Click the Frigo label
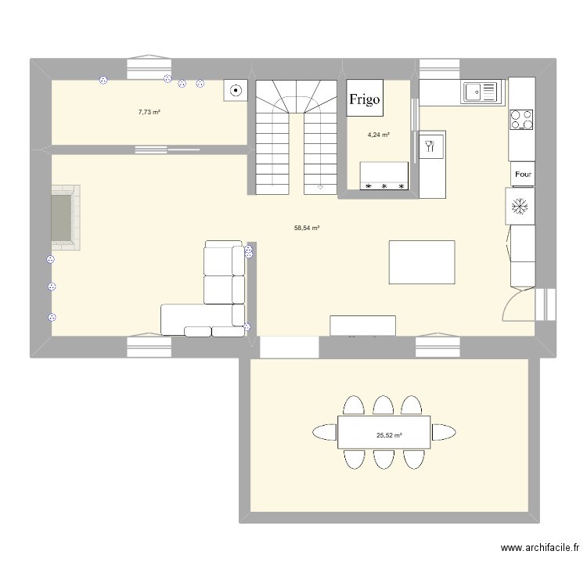[x=365, y=99]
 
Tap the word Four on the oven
[x=523, y=175]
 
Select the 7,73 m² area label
[x=149, y=112]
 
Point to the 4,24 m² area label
[x=379, y=135]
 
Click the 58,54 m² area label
[x=307, y=229]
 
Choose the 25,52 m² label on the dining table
[x=389, y=436]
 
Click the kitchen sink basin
[x=481, y=93]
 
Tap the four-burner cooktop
[x=523, y=119]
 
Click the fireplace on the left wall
[x=64, y=218]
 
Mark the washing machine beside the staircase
[x=236, y=92]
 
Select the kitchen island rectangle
[x=422, y=263]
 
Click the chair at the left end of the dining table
[x=324, y=432]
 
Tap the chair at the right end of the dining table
[x=445, y=432]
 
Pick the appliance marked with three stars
[x=384, y=177]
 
